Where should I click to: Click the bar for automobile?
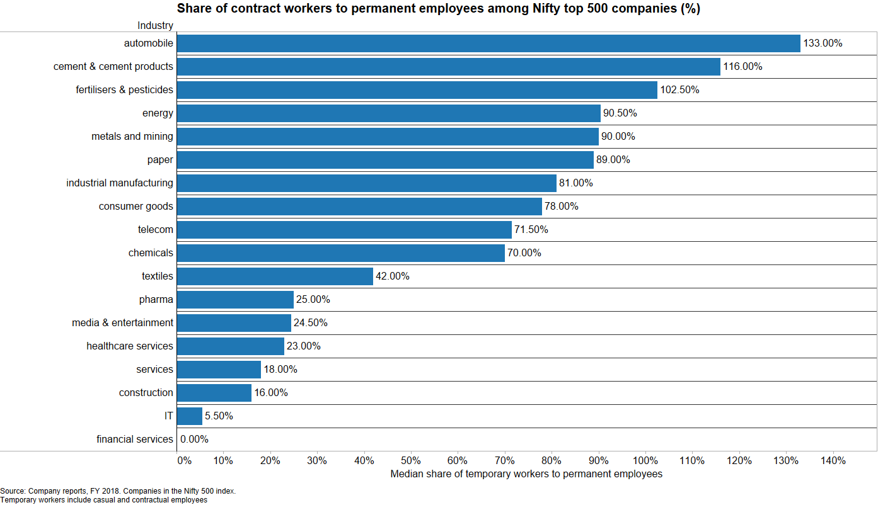(488, 43)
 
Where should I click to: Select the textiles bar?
(275, 276)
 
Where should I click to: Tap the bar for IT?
(190, 416)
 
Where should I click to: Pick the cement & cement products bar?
(448, 67)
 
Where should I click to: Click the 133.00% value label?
(823, 43)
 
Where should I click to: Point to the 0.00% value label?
(194, 440)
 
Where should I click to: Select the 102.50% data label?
(679, 90)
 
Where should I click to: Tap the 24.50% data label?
(311, 323)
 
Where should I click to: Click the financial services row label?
(135, 440)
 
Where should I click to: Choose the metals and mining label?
(132, 137)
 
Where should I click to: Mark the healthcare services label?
(130, 346)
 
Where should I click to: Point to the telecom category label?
(156, 230)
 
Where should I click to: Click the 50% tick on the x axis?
(411, 461)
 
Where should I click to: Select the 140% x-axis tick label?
(833, 461)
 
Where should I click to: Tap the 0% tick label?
(184, 461)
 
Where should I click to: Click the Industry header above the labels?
(155, 26)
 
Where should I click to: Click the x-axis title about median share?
(526, 474)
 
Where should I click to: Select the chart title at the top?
(438, 9)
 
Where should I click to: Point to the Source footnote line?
(118, 491)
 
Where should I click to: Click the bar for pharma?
(235, 300)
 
